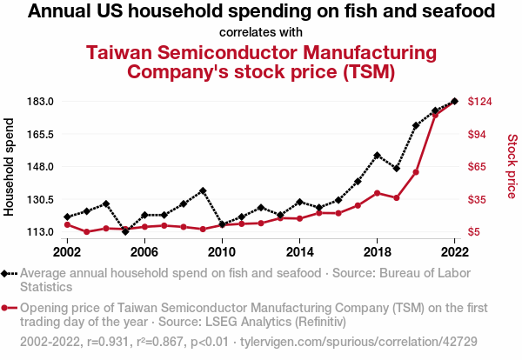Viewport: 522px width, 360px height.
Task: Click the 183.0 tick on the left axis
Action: click(x=42, y=102)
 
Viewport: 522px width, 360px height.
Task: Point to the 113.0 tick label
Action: click(x=42, y=231)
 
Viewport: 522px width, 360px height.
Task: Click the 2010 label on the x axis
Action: click(x=222, y=251)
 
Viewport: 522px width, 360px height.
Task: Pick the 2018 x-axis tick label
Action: click(x=377, y=251)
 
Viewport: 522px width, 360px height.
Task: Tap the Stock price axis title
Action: click(x=512, y=165)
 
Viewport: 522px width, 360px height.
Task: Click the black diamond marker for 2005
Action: click(x=125, y=231)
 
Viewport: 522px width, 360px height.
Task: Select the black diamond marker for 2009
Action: click(x=203, y=190)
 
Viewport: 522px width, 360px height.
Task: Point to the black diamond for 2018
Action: click(x=377, y=156)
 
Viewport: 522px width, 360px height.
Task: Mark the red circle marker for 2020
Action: click(x=416, y=172)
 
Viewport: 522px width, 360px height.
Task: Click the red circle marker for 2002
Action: click(x=67, y=224)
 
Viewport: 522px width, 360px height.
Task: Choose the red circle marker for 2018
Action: click(x=377, y=193)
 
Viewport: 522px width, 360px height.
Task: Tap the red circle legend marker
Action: click(x=8, y=307)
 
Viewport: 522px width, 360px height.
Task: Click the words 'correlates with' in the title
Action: click(x=261, y=33)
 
